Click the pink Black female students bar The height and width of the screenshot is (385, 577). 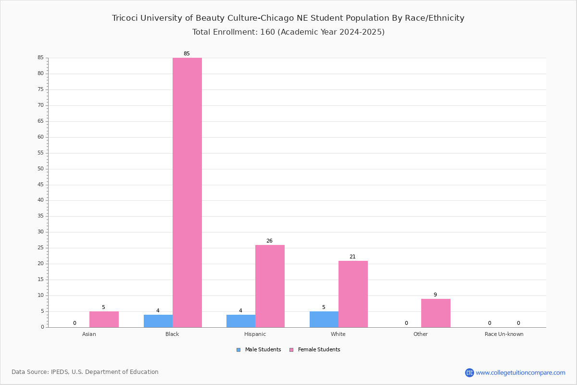click(187, 192)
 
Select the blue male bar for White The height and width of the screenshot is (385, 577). click(324, 320)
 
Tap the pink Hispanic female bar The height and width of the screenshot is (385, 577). click(270, 286)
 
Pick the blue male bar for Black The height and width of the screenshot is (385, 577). click(158, 321)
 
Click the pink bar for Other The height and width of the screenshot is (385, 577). click(436, 313)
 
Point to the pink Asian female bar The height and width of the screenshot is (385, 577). click(104, 320)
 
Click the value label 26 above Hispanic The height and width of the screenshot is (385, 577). click(269, 241)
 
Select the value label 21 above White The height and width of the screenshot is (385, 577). click(352, 257)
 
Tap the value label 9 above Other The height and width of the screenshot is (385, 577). click(435, 295)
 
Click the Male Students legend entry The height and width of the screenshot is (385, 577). click(259, 349)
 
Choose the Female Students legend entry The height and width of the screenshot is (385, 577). click(315, 349)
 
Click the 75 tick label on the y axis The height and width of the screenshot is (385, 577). click(41, 89)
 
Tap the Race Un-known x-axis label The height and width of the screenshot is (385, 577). click(504, 334)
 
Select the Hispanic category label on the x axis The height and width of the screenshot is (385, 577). click(255, 334)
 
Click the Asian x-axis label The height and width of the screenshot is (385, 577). click(89, 334)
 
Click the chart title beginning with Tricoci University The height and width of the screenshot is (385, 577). click(288, 18)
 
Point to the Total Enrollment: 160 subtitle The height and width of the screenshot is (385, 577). click(288, 32)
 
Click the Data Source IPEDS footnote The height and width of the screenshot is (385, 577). click(85, 372)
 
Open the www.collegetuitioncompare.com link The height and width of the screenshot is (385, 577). click(520, 372)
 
